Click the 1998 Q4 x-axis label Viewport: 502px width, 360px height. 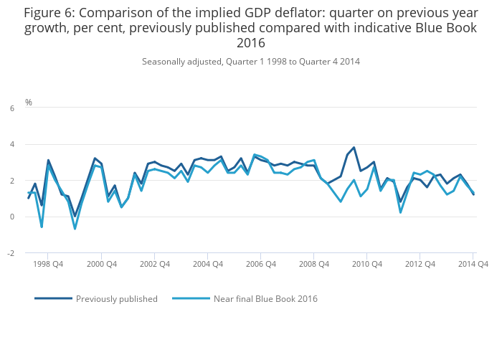click(48, 264)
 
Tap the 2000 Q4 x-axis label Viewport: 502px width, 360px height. click(101, 264)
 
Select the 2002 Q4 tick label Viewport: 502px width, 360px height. click(154, 264)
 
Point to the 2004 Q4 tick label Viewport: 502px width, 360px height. click(207, 264)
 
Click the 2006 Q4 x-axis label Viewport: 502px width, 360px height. click(260, 264)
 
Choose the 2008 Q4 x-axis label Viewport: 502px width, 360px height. click(313, 264)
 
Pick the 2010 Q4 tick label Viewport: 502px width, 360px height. click(366, 264)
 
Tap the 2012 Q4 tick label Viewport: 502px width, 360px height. click(420, 264)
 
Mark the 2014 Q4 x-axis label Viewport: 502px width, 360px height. click(473, 264)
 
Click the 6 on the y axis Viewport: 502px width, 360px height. click(11, 108)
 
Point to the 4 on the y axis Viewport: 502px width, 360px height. click(11, 145)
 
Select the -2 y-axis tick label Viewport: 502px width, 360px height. click(10, 253)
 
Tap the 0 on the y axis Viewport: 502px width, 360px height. click(11, 217)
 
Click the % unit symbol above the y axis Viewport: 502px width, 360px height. click(29, 103)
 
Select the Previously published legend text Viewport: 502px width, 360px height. click(117, 298)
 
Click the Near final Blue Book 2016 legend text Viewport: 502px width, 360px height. click(265, 298)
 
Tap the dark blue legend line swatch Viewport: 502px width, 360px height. click(53, 298)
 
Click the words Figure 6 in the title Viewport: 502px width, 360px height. click(49, 13)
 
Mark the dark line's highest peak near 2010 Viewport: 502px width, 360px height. click(354, 148)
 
